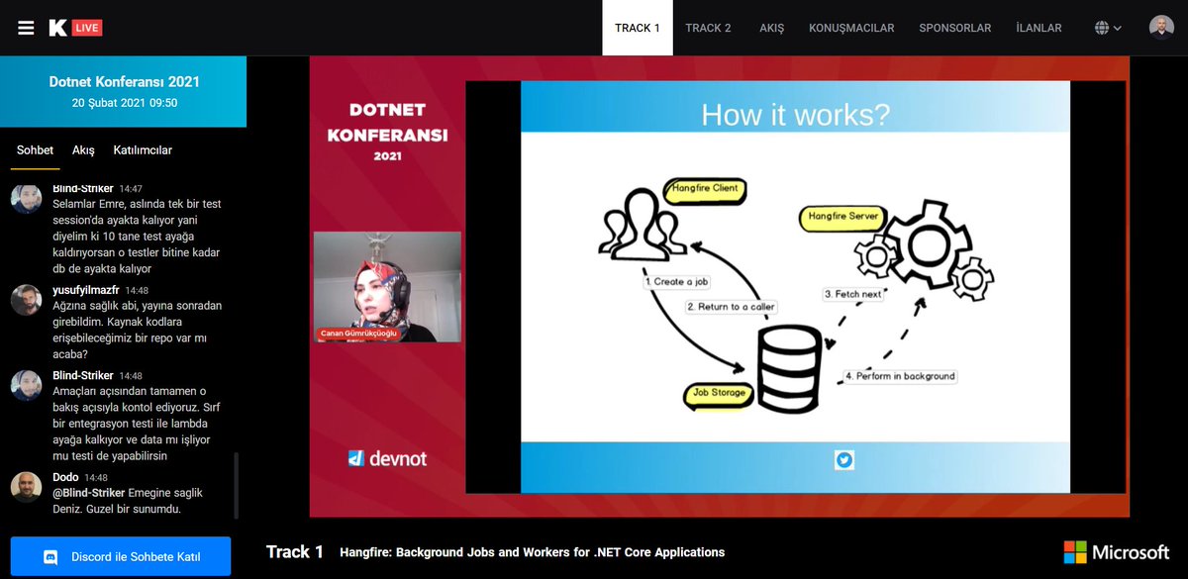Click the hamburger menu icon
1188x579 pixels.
[x=26, y=28]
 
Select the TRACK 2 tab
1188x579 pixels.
[x=708, y=28]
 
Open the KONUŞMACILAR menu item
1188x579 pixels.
[x=851, y=28]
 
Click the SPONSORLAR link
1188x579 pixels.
[x=954, y=28]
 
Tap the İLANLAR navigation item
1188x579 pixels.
[x=1039, y=28]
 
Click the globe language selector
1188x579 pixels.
[x=1108, y=28]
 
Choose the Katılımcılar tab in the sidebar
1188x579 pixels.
[x=143, y=150]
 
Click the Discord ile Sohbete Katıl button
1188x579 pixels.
[x=121, y=557]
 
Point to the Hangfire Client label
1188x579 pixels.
[x=705, y=189]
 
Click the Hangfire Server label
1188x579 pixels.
[x=843, y=216]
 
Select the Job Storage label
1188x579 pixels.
[x=720, y=393]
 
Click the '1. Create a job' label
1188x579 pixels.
[x=677, y=282]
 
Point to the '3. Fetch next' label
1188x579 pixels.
[x=852, y=294]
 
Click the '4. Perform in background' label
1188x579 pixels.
[x=899, y=376]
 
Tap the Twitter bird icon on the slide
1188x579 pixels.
[x=844, y=459]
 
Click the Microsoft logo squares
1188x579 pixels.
[x=1074, y=551]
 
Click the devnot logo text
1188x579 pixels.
[x=387, y=458]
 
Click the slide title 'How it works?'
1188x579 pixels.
[x=795, y=114]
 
